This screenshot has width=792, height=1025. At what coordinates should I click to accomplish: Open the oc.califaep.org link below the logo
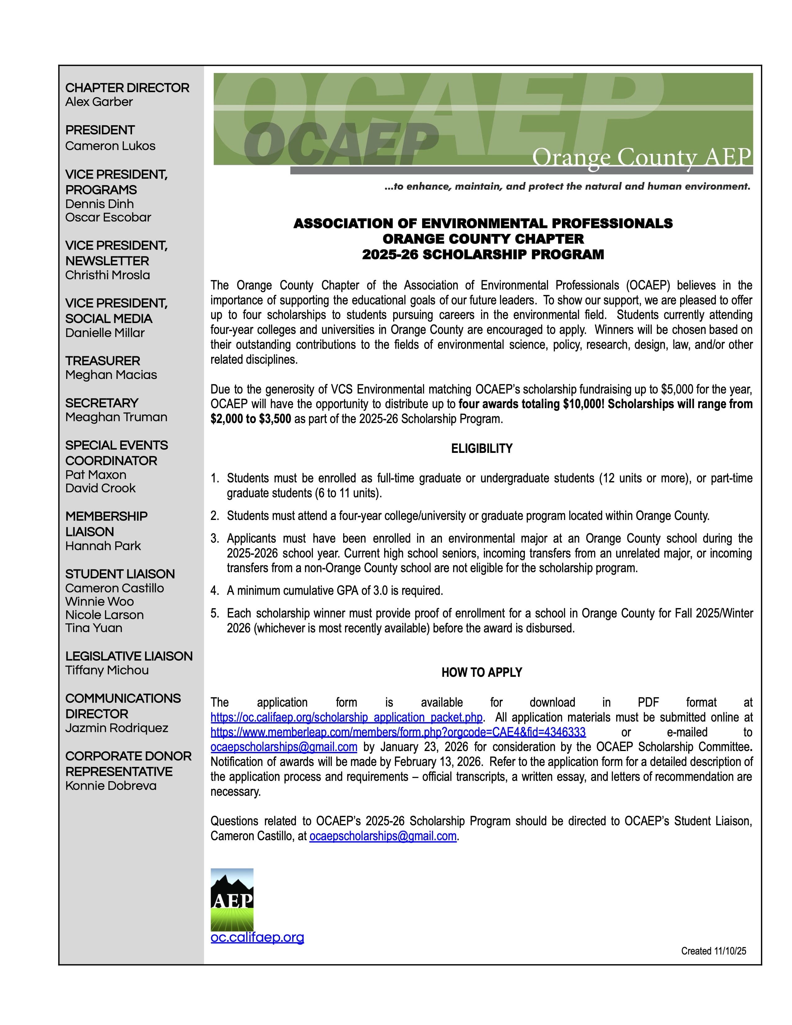click(257, 937)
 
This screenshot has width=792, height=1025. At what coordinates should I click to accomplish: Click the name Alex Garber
click(99, 102)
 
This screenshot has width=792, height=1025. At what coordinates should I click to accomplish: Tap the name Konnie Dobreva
click(111, 786)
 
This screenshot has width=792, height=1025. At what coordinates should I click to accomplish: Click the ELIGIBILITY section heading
click(482, 449)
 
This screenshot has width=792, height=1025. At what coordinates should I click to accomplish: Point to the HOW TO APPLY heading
click(482, 672)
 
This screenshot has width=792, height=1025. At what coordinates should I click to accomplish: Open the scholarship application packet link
click(346, 717)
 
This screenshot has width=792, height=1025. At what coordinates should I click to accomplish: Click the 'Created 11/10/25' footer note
click(713, 951)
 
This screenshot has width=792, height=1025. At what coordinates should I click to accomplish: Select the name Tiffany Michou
click(107, 670)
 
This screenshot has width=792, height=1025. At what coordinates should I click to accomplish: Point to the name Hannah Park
click(103, 546)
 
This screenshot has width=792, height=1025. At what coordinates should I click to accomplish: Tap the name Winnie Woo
click(99, 602)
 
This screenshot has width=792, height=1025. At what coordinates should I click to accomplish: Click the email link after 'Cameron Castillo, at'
click(383, 836)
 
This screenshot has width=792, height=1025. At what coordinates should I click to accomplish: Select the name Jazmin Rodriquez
click(117, 728)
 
